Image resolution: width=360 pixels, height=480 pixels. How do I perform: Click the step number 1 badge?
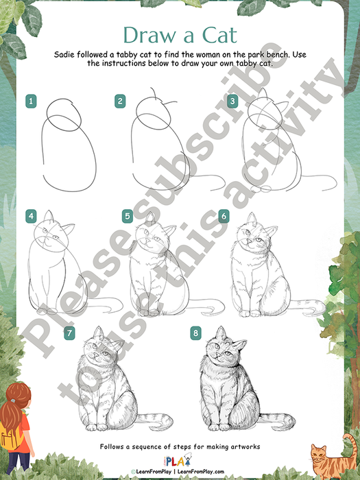pyautogui.click(x=31, y=101)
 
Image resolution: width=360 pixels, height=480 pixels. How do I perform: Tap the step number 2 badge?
pyautogui.click(x=120, y=101)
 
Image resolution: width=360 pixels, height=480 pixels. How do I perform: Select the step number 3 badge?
pyautogui.click(x=232, y=101)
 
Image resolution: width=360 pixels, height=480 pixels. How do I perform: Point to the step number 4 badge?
pyautogui.click(x=31, y=217)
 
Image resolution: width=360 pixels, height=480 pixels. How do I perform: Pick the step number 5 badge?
pyautogui.click(x=128, y=217)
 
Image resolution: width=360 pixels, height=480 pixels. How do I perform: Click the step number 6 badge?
pyautogui.click(x=224, y=217)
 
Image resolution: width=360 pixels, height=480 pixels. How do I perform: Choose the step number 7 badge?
pyautogui.click(x=69, y=333)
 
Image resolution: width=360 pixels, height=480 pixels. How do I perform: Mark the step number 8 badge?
pyautogui.click(x=195, y=333)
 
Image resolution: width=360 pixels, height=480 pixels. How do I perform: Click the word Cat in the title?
pyautogui.click(x=220, y=35)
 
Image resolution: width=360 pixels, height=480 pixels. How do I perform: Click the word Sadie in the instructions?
pyautogui.click(x=64, y=55)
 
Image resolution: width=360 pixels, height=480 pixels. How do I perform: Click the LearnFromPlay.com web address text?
pyautogui.click(x=201, y=472)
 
